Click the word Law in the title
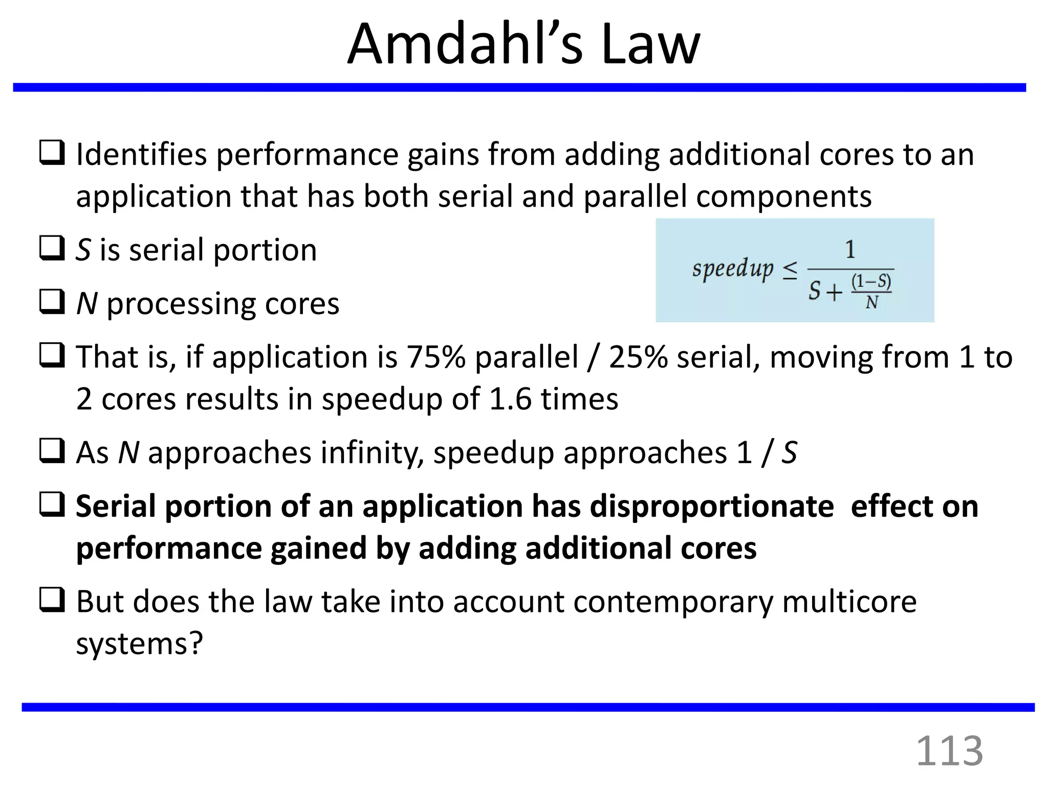[x=650, y=45]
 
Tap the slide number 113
[x=949, y=751]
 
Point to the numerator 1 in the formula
[x=850, y=250]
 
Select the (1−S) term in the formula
[x=871, y=281]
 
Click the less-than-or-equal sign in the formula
[x=790, y=270]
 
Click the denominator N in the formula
[x=871, y=303]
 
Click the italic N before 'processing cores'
[x=86, y=304]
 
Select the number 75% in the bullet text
[x=435, y=357]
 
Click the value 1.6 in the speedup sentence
[x=510, y=399]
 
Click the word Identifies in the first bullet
[x=141, y=155]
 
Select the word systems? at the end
[x=140, y=643]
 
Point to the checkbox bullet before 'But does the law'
[x=52, y=600]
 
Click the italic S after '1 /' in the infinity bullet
[x=789, y=453]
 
